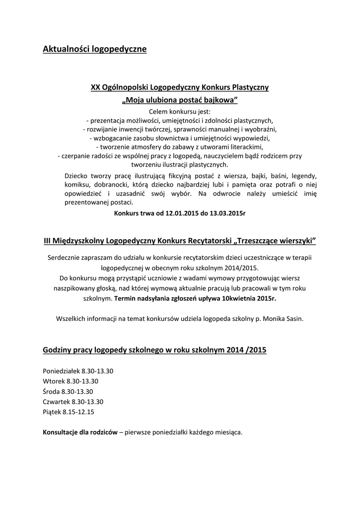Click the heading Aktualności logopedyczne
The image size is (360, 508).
(x=94, y=49)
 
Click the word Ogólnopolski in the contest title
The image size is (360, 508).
(x=125, y=87)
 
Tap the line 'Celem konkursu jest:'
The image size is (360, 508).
(x=180, y=111)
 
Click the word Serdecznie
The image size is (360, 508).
(x=63, y=258)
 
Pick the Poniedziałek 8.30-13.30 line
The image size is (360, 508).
(x=78, y=372)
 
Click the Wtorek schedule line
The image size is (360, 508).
(x=71, y=381)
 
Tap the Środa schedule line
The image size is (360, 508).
(x=68, y=391)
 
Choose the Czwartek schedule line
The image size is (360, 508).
(x=73, y=401)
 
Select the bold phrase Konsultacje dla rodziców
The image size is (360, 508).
(x=80, y=432)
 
